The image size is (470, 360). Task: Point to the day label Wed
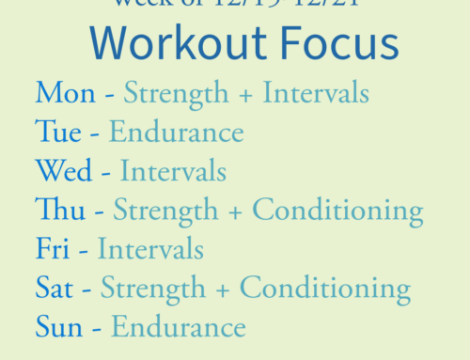click(x=62, y=171)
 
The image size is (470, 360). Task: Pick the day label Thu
click(x=57, y=210)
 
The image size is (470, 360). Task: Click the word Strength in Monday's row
click(x=177, y=94)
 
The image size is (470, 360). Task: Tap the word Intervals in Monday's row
click(x=316, y=93)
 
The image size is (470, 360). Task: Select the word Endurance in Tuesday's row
click(x=177, y=132)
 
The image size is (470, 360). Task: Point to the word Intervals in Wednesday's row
click(x=173, y=171)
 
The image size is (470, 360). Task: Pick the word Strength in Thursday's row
click(x=166, y=211)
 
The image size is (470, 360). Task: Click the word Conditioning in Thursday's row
click(x=337, y=211)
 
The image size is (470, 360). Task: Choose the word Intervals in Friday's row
click(x=150, y=249)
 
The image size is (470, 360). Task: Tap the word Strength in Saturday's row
click(x=154, y=289)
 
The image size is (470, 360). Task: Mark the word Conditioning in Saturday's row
click(x=325, y=289)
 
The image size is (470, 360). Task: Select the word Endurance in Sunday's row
click(x=179, y=327)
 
